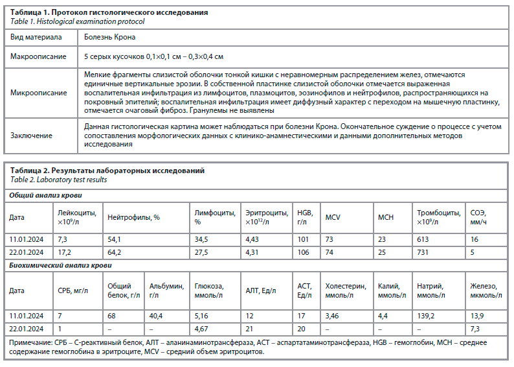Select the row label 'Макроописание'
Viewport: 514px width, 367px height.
pyautogui.click(x=38, y=56)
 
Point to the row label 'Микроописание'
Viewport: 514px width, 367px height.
pyautogui.click(x=38, y=93)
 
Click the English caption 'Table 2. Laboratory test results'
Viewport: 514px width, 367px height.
pyautogui.click(x=58, y=180)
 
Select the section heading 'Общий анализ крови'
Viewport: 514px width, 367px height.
pyautogui.click(x=45, y=195)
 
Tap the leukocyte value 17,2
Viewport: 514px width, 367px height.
pyautogui.click(x=63, y=252)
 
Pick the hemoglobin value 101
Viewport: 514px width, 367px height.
pyautogui.click(x=303, y=239)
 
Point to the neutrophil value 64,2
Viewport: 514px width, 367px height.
pyautogui.click(x=115, y=252)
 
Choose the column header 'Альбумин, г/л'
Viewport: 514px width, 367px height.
pyautogui.click(x=165, y=290)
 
